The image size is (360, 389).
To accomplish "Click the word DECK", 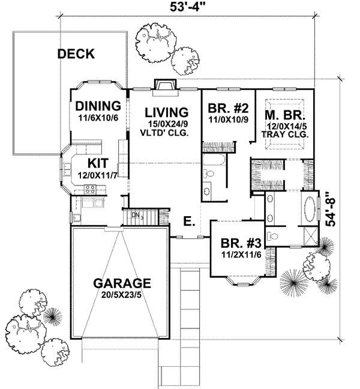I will (x=76, y=55).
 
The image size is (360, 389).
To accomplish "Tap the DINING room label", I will (x=99, y=106).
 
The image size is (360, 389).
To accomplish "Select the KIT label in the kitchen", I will (x=98, y=163).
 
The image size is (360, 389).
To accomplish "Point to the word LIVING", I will (x=166, y=112).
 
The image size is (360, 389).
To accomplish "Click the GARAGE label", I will (x=121, y=283).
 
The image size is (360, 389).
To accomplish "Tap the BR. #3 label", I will (x=241, y=244).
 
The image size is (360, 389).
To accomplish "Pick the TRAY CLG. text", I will (x=287, y=135).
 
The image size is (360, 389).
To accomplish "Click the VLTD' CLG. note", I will (x=166, y=133).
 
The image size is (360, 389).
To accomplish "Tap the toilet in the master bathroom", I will (x=272, y=235).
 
